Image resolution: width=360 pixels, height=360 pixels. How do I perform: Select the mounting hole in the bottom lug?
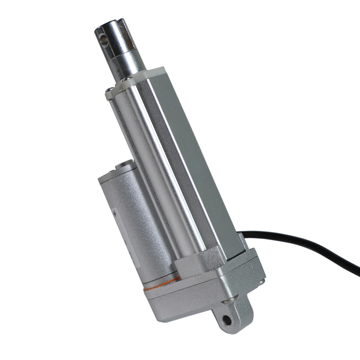226,319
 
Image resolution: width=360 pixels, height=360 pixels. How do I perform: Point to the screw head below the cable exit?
262,282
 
